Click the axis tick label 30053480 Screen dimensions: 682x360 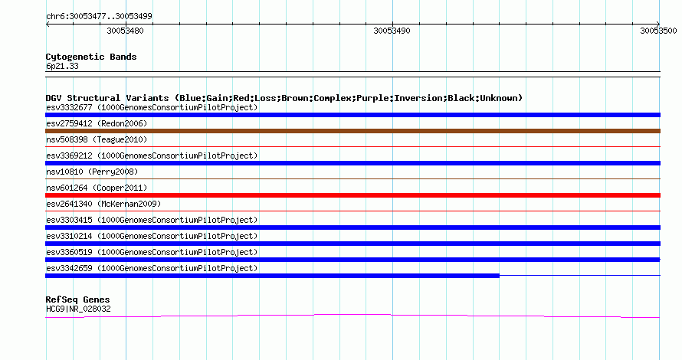pos(125,31)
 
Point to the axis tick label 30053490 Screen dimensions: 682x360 pos(392,31)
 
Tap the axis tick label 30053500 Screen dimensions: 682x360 pos(658,31)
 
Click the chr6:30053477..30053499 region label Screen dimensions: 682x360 pos(99,17)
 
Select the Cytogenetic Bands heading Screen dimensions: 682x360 pos(91,57)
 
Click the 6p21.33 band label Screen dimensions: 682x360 pos(62,66)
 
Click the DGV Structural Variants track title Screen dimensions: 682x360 pos(284,98)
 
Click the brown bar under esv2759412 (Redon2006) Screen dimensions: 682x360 pos(352,131)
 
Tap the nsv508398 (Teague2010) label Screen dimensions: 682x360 pos(97,139)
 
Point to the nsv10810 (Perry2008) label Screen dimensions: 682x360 pos(92,172)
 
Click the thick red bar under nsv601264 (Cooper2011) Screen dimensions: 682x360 pos(352,195)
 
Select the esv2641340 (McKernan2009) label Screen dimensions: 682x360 pos(103,204)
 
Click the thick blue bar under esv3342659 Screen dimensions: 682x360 pos(272,276)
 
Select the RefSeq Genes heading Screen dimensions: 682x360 pos(77,299)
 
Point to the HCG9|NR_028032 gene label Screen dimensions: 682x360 pos(78,309)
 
